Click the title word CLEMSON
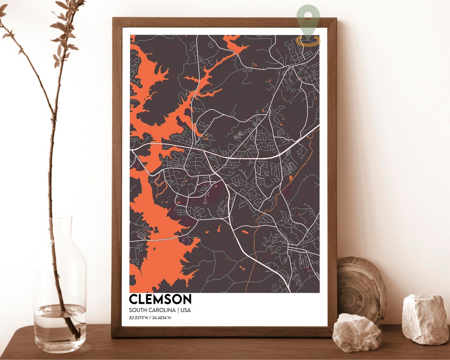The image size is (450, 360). pyautogui.click(x=160, y=299)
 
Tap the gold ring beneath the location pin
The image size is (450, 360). pyautogui.click(x=308, y=40)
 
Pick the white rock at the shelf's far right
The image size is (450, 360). pyautogui.click(x=425, y=319)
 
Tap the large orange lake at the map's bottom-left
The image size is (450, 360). pyautogui.click(x=160, y=250)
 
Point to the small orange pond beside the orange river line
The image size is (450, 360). pyautogui.click(x=290, y=178)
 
